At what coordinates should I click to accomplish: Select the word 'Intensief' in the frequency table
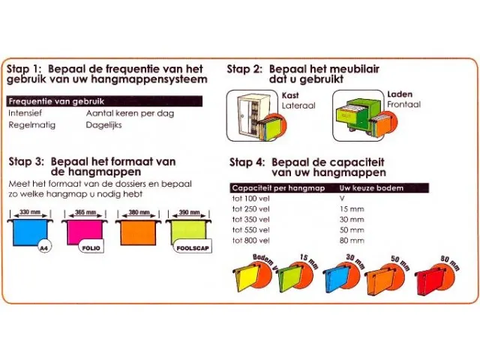pos(25,112)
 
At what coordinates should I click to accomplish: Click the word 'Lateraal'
pos(298,106)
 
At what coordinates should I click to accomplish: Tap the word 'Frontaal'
pos(405,106)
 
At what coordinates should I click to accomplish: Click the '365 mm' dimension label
pos(85,213)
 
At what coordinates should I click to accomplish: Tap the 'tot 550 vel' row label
pos(250,230)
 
